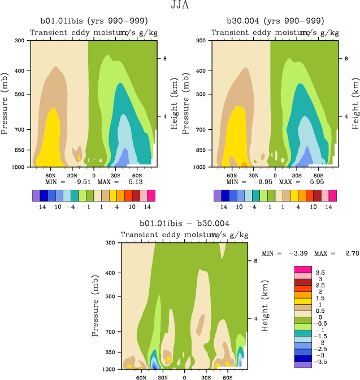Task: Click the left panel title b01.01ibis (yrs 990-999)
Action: [94, 21]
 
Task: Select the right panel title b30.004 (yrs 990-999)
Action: [275, 21]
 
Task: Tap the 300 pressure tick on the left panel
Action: [19, 41]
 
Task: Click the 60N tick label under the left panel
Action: [50, 175]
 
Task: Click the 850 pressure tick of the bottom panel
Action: [110, 352]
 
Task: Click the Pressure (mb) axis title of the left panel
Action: [6, 103]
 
